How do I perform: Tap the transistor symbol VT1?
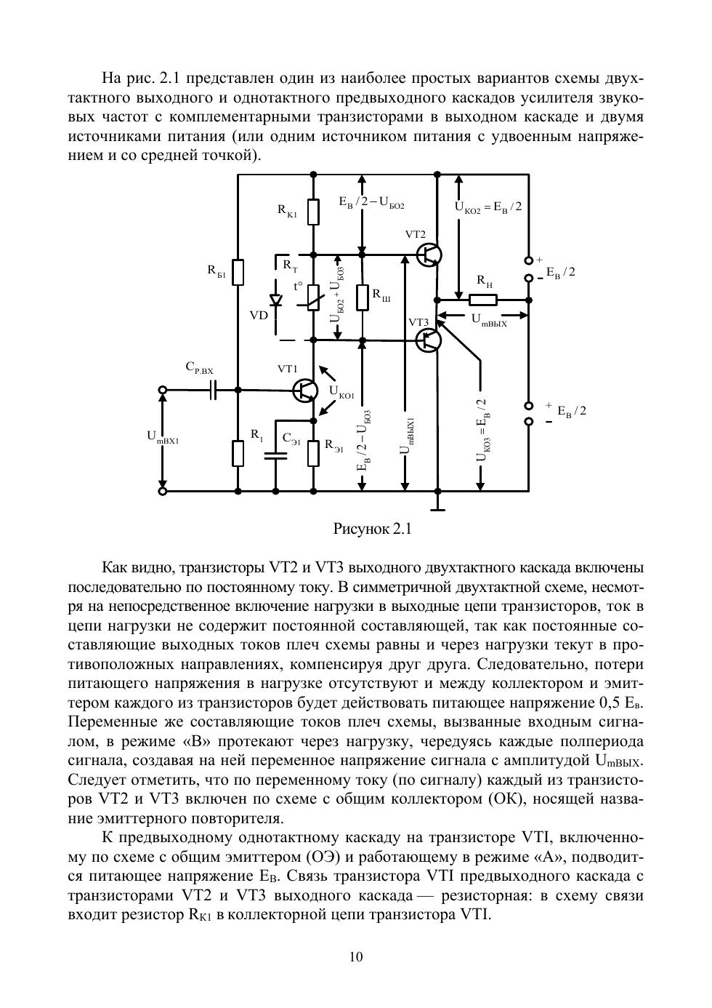click(305, 391)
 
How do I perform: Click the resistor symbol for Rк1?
click(313, 212)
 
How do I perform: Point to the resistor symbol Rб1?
click(238, 272)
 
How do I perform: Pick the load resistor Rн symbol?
click(483, 299)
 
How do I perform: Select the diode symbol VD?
click(276, 300)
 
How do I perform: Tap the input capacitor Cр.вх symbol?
click(212, 391)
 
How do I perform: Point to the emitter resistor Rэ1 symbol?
click(313, 452)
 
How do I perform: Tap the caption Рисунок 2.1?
click(372, 529)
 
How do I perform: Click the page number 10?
click(356, 957)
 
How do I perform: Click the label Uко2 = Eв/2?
click(488, 207)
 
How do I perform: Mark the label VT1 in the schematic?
click(287, 369)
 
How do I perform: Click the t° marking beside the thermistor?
click(298, 287)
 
